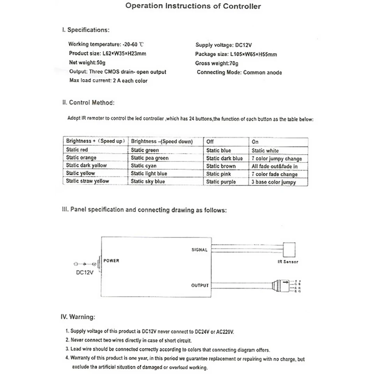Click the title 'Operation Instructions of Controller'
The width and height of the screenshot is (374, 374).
(x=193, y=6)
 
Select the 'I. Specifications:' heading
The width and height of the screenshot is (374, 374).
(x=86, y=30)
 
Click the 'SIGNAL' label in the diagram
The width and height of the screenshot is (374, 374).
(x=199, y=250)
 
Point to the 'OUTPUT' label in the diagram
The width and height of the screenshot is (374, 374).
(x=200, y=286)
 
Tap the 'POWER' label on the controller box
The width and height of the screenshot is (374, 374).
(x=111, y=261)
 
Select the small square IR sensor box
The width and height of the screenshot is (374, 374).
(x=289, y=248)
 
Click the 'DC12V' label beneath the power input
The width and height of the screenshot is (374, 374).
(x=85, y=273)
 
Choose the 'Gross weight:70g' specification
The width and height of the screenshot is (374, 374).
(x=217, y=63)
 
